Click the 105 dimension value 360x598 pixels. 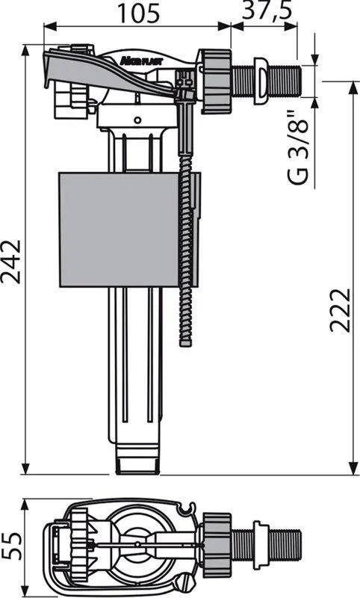(138, 13)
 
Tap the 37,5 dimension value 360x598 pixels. (267, 11)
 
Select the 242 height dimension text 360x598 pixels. (10, 262)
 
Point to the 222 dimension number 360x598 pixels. (339, 310)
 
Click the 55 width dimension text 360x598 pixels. (10, 546)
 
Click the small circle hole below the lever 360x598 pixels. (138, 120)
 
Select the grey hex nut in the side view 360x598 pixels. (216, 81)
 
